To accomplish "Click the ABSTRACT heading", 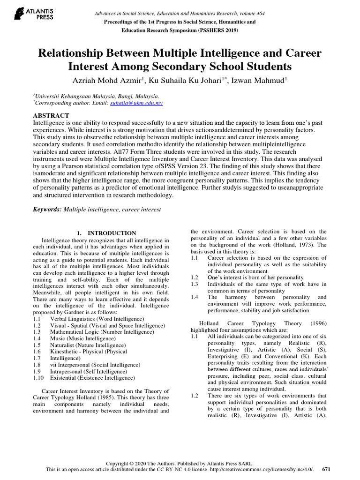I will [x=51, y=115].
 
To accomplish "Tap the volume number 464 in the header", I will [x=257, y=14].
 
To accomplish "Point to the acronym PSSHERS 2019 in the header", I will [x=218, y=30].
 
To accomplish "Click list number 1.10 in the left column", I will [x=39, y=378].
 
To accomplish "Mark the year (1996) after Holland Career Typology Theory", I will [x=315, y=323].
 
